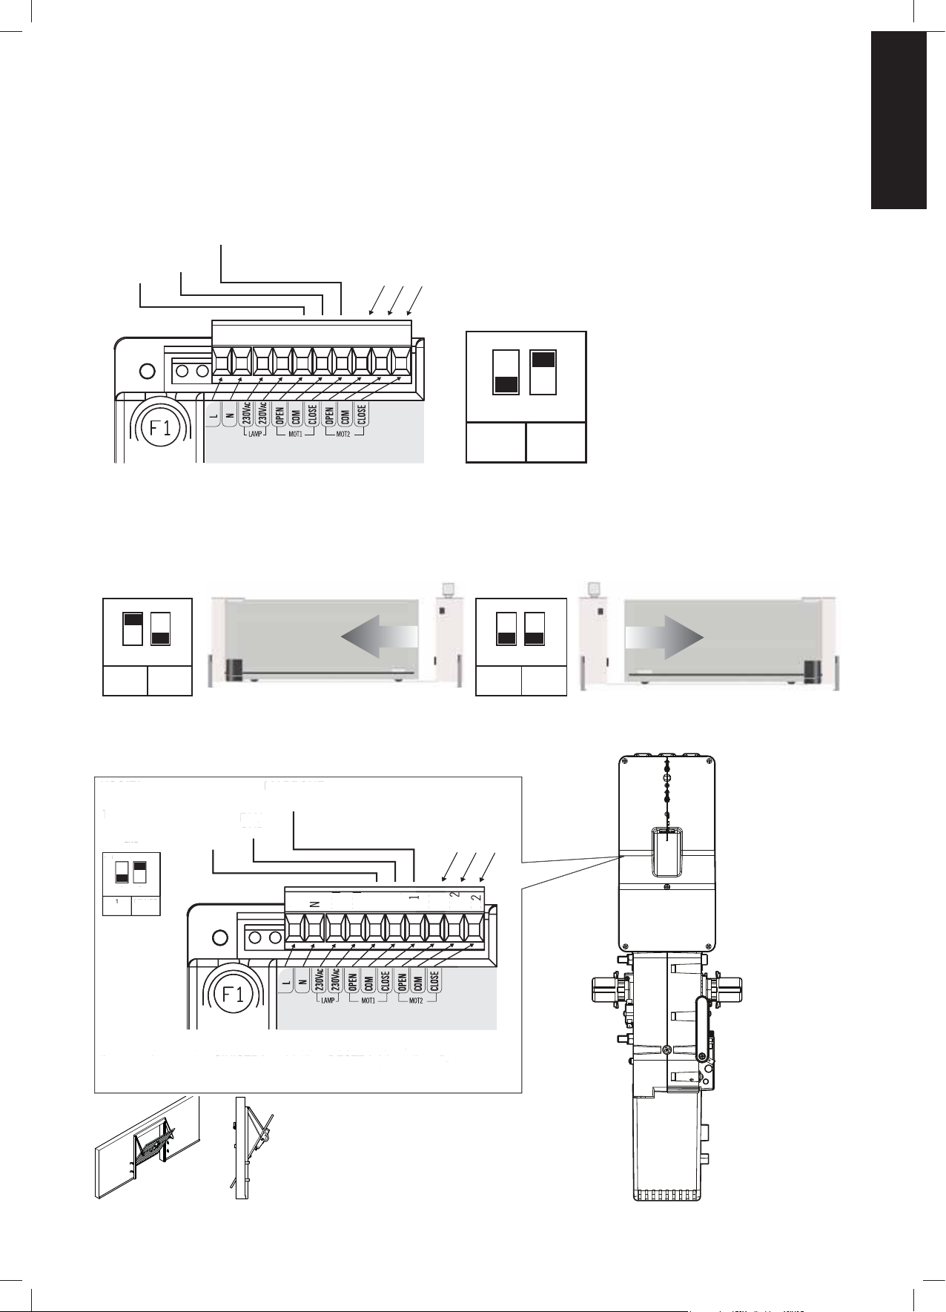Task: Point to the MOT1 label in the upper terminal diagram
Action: [295, 434]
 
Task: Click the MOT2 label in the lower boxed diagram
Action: [415, 1001]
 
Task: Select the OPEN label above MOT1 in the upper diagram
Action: [280, 412]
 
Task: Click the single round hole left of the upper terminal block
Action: [147, 370]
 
